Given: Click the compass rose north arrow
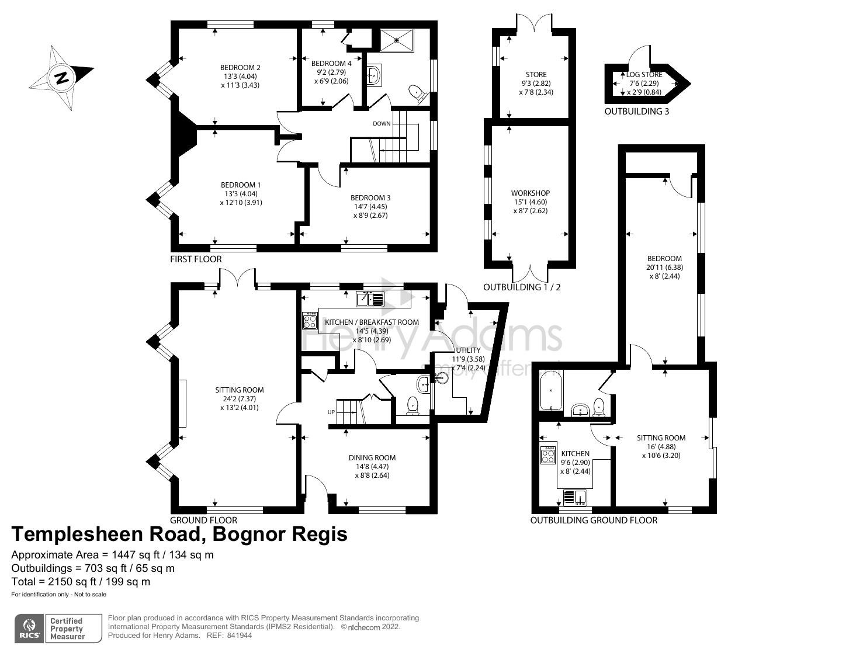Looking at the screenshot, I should tap(61, 77).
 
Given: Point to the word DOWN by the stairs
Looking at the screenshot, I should tap(382, 124).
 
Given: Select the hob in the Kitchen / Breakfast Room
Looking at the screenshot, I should tap(310, 321).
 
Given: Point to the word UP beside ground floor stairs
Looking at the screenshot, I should tap(331, 412).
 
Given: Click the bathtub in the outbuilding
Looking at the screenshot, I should tap(551, 390).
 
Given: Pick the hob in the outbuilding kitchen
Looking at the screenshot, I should tap(548, 455).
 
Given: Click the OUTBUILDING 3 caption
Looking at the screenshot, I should tap(636, 111).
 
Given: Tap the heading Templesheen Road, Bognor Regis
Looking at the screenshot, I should tap(179, 534).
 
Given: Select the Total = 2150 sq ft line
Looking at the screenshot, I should tap(81, 582).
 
